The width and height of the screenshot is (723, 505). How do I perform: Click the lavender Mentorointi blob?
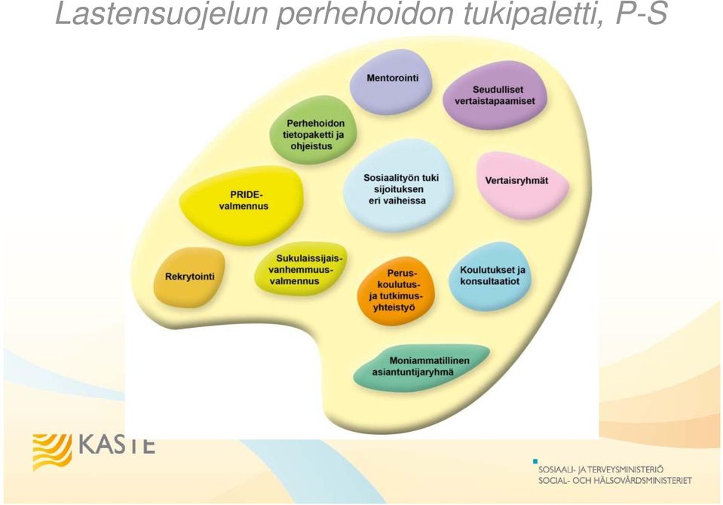pos(391,81)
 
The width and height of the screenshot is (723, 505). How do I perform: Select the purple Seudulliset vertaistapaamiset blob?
pos(495,95)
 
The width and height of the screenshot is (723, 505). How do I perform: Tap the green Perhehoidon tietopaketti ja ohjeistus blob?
pos(313,130)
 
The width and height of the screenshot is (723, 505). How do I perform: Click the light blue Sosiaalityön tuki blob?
pos(398,185)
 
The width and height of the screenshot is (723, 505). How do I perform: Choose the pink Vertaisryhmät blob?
pos(522,185)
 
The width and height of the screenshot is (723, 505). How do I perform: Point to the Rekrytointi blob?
pos(189,277)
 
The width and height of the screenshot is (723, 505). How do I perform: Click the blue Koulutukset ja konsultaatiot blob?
pos(490,276)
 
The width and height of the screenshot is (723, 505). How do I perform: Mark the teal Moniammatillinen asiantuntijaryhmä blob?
pos(421,367)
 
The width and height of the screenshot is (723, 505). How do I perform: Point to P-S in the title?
pos(642,14)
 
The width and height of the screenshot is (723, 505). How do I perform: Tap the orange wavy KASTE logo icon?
pos(52,452)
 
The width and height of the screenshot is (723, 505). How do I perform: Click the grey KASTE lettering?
pos(117,446)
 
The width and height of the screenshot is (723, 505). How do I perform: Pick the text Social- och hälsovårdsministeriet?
pos(615,481)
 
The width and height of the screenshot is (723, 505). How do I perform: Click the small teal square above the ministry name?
pos(535,461)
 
